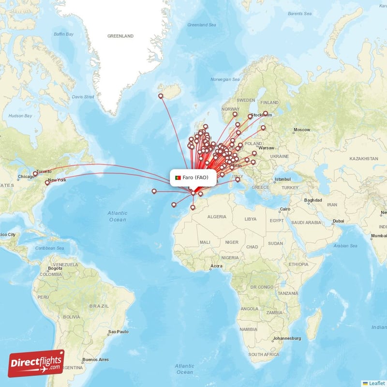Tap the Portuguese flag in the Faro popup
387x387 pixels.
(178, 178)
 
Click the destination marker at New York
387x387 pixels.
(47, 182)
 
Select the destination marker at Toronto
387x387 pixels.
(35, 173)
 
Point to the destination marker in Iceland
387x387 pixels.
(161, 96)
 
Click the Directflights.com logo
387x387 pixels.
(36, 363)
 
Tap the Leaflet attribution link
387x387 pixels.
(376, 383)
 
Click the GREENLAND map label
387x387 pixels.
(120, 36)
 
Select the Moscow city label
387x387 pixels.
(302, 130)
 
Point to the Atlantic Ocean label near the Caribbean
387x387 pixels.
(118, 216)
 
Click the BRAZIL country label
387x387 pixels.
(100, 306)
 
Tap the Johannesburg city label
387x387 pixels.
(287, 338)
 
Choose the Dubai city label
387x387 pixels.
(338, 221)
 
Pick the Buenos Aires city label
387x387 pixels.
(95, 359)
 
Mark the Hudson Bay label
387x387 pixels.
(20, 116)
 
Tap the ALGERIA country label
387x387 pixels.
(217, 217)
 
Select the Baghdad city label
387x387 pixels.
(313, 200)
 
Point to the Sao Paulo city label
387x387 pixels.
(118, 332)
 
